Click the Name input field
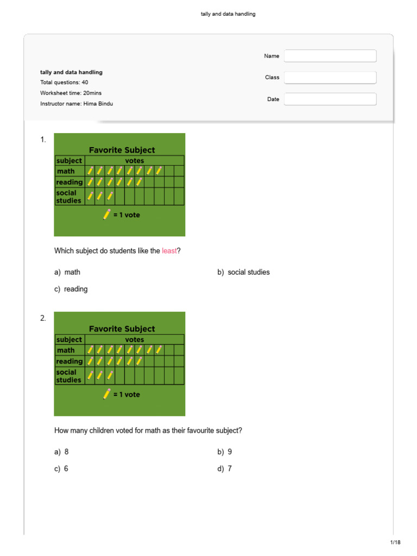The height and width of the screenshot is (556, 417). coord(330,56)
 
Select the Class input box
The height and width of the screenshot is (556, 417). coord(330,78)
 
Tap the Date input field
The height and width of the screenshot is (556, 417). coord(330,99)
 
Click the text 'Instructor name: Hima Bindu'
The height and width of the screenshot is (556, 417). coord(77,104)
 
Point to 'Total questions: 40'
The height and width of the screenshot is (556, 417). coord(64,83)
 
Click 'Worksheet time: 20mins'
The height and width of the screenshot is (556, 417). coord(68,93)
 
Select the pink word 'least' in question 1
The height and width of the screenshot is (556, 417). coord(169,251)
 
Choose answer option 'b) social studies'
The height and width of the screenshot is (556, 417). coord(243,272)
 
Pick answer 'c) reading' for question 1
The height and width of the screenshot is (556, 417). coord(71,289)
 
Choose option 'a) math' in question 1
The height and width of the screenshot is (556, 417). coord(67,272)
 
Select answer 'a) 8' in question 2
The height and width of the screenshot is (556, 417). coord(61,452)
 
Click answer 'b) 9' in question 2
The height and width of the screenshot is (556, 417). coord(224,452)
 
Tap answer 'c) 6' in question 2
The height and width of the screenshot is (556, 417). coord(61,469)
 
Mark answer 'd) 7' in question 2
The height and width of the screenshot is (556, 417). coord(224,469)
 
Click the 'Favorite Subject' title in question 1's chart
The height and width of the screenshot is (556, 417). coord(122,150)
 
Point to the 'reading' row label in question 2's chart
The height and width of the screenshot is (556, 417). coord(69,361)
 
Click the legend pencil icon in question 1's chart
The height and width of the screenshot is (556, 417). coord(106,214)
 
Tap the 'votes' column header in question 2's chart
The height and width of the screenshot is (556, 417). coord(134,339)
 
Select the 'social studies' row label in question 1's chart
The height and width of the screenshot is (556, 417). coord(69,197)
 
